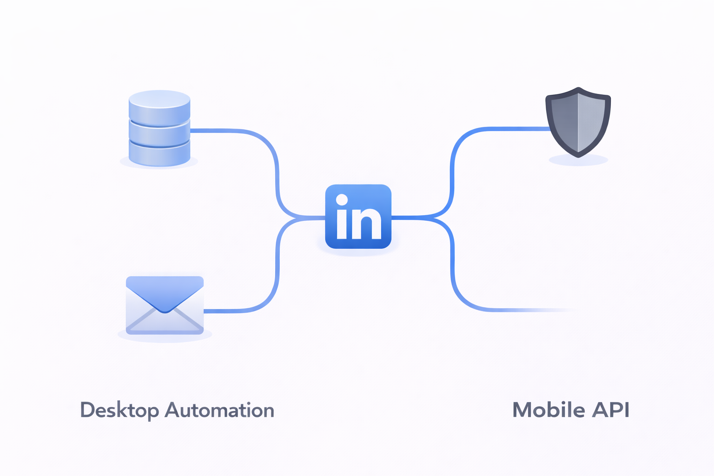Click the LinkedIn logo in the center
click(358, 217)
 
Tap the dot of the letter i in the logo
click(342, 200)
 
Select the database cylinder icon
click(159, 128)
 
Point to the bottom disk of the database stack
click(159, 153)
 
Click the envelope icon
click(165, 305)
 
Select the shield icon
click(578, 122)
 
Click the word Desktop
click(119, 410)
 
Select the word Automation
click(219, 410)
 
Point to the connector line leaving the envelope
click(232, 311)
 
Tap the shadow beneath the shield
click(578, 161)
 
